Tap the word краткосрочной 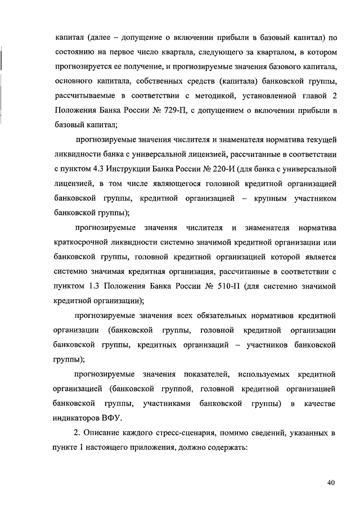pos(83,242)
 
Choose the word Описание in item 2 pos(102,433)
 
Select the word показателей pos(204,374)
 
